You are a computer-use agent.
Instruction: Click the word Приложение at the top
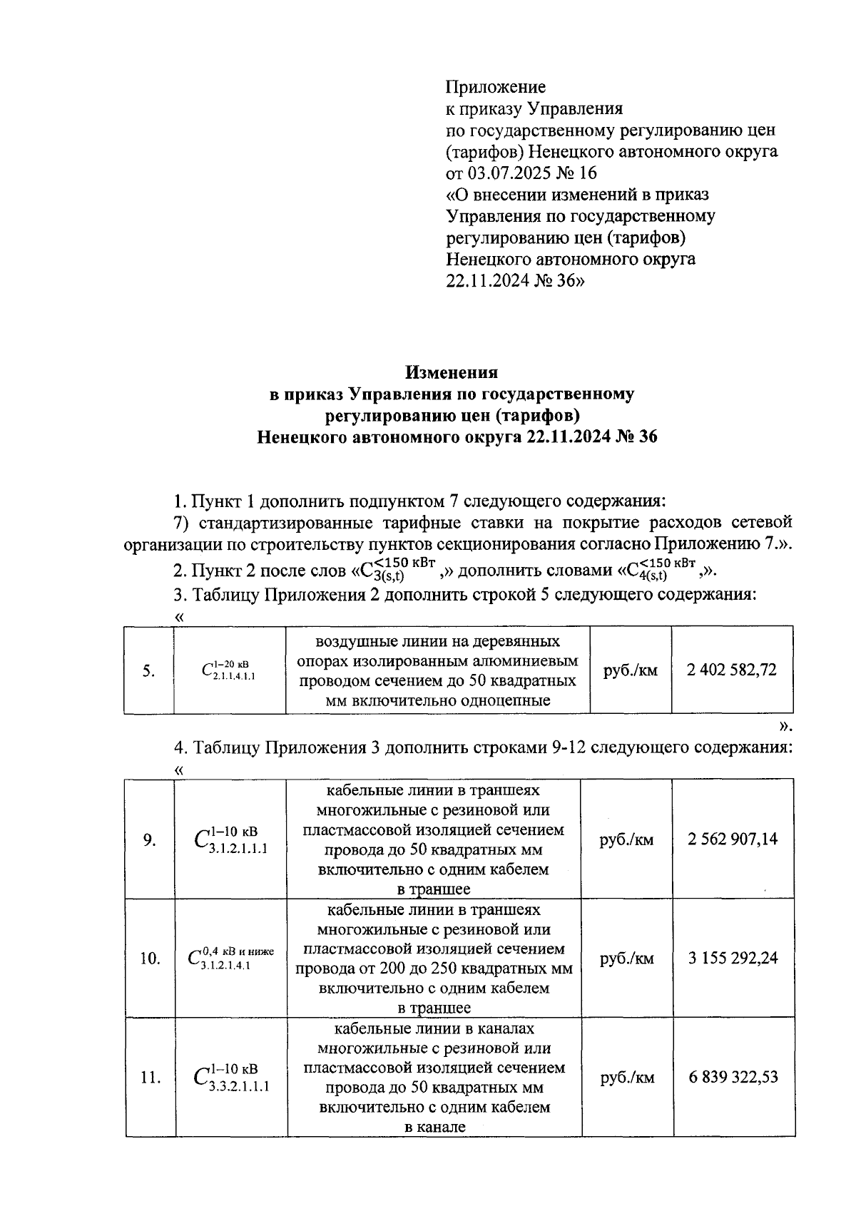pyautogui.click(x=495, y=87)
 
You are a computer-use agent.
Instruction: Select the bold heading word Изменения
pyautogui.click(x=452, y=372)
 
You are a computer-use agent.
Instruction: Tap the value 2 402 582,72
pyautogui.click(x=731, y=670)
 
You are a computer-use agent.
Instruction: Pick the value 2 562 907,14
pyautogui.click(x=733, y=839)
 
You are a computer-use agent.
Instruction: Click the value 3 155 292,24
pyautogui.click(x=733, y=958)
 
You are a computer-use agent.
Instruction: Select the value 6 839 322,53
pyautogui.click(x=733, y=1077)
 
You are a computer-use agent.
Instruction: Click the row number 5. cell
pyautogui.click(x=148, y=670)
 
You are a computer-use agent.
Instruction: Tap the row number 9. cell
pyautogui.click(x=149, y=839)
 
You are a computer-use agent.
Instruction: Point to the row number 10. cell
pyautogui.click(x=149, y=959)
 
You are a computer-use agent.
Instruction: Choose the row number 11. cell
pyautogui.click(x=149, y=1078)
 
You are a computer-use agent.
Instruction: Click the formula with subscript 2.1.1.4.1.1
pyautogui.click(x=229, y=669)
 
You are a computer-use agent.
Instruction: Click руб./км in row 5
pyautogui.click(x=631, y=670)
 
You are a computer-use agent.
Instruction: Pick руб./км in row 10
pyautogui.click(x=627, y=959)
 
